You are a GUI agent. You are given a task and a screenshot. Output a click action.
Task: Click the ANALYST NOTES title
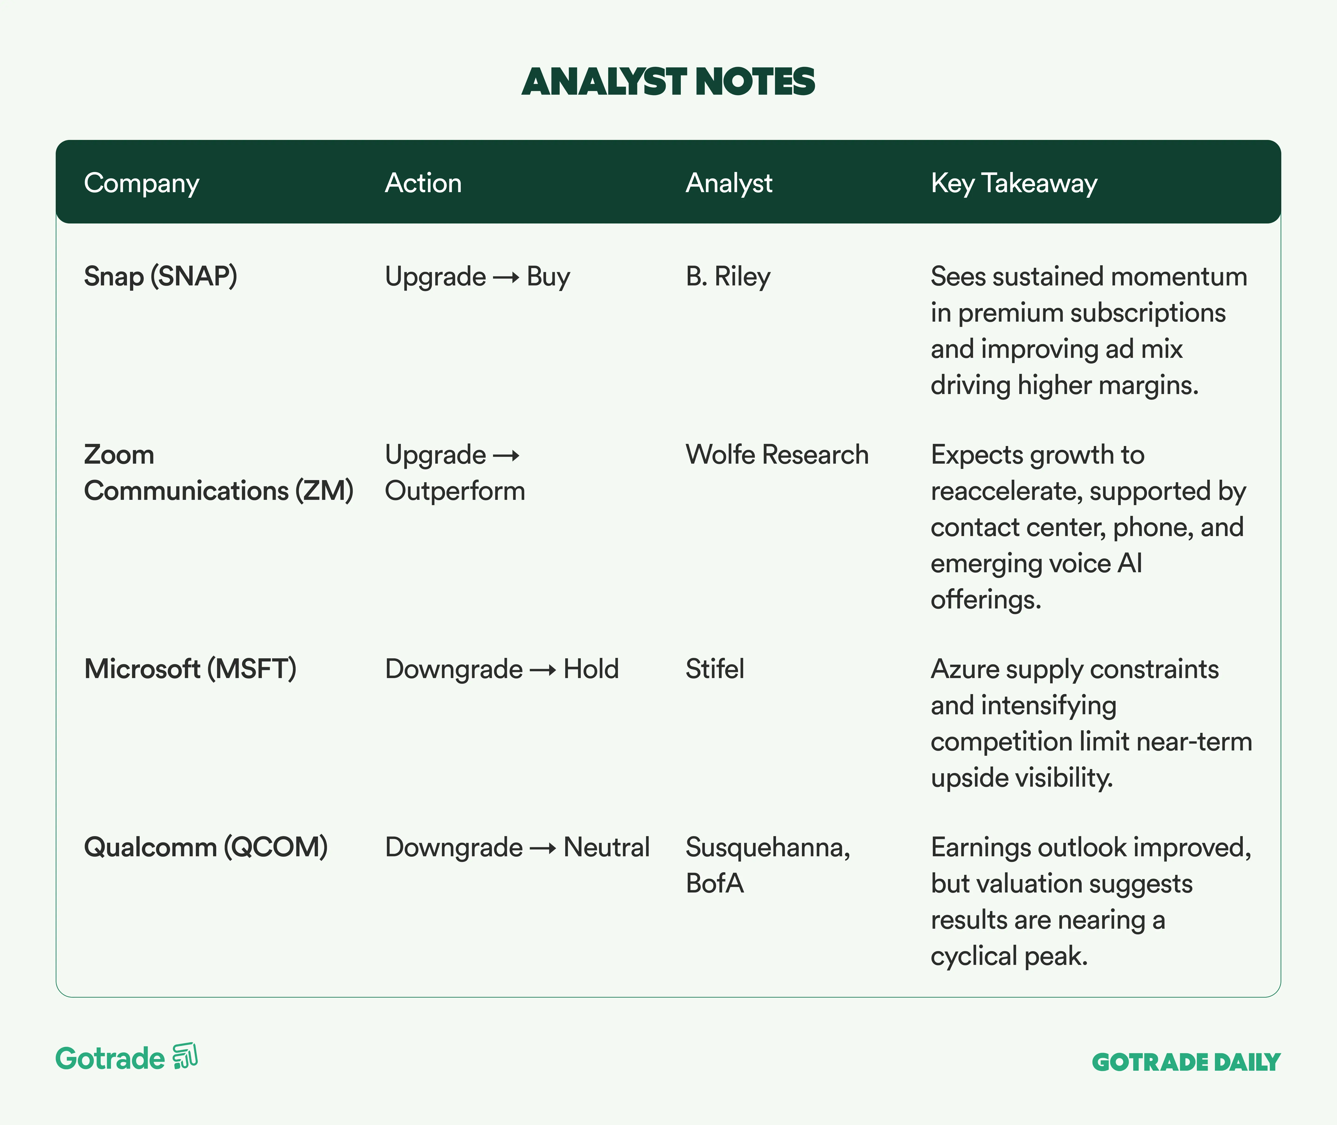click(x=668, y=82)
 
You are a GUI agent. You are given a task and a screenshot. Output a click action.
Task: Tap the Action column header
click(x=423, y=183)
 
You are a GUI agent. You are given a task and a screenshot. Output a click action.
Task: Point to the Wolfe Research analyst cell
click(x=777, y=455)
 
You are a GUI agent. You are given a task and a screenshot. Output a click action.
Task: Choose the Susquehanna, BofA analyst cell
click(x=768, y=865)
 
